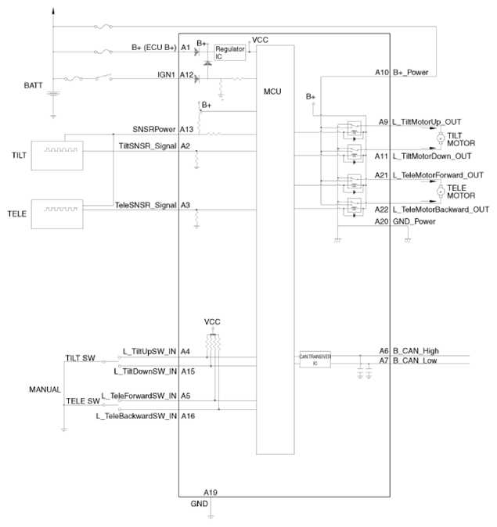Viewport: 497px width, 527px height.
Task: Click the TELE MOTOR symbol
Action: pos(440,191)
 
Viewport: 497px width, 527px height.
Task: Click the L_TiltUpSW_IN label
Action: pos(147,351)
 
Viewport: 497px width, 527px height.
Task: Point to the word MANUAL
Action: pos(45,389)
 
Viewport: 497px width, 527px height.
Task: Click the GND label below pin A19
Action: pos(199,504)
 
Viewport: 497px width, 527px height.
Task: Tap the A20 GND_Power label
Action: pos(405,221)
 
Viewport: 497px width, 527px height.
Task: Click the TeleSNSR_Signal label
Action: pos(145,205)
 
